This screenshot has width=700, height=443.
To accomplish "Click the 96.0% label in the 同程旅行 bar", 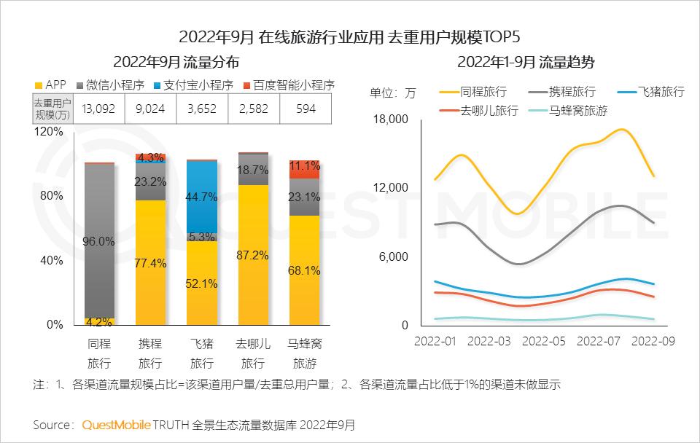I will pyautogui.click(x=100, y=241).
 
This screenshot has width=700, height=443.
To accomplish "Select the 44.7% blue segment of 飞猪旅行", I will pyautogui.click(x=202, y=196).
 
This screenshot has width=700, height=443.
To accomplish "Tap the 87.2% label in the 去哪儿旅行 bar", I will pyautogui.click(x=253, y=255).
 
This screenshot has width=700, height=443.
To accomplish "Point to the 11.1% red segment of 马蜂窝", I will pyautogui.click(x=304, y=165).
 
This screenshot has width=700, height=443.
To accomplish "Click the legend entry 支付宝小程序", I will pyautogui.click(x=193, y=85).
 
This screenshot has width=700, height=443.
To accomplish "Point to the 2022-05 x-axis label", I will pyautogui.click(x=544, y=341).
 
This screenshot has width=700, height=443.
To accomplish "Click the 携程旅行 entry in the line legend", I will pyautogui.click(x=566, y=92).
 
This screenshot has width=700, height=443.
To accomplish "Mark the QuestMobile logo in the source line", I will pyautogui.click(x=117, y=424).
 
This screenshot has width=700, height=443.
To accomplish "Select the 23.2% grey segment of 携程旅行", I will pyautogui.click(x=151, y=181).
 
